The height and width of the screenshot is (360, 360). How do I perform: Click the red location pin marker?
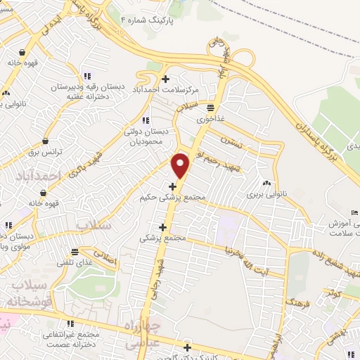(x=181, y=165)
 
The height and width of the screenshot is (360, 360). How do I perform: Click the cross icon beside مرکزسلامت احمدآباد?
(x=166, y=79)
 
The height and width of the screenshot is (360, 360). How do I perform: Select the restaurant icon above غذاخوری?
(x=210, y=107)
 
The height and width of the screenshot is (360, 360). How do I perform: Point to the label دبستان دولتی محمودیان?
(x=146, y=136)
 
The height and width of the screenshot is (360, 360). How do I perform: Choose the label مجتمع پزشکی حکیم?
(x=173, y=198)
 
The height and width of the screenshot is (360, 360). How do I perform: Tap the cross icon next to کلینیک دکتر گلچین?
(x=187, y=347)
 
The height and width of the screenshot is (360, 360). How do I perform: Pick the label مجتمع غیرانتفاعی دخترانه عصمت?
(x=73, y=339)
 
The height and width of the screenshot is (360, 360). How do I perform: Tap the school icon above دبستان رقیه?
(x=86, y=77)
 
